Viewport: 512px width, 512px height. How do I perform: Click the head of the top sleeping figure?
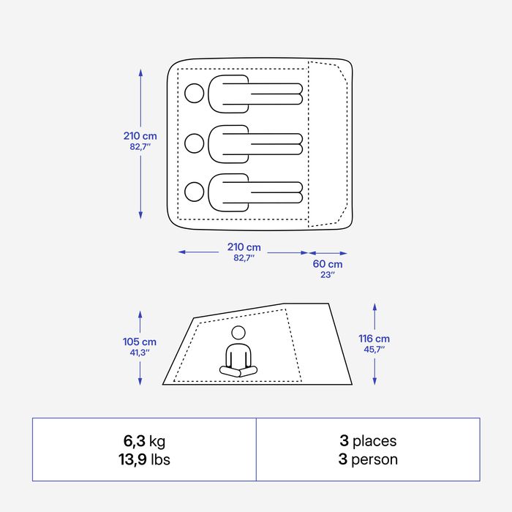(x=195, y=94)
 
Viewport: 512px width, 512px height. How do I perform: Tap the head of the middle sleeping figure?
(x=195, y=143)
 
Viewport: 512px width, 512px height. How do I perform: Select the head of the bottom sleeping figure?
(x=195, y=192)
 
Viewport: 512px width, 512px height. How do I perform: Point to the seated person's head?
(x=238, y=333)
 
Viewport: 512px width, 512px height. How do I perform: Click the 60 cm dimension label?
(x=328, y=264)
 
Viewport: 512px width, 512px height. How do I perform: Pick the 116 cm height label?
(x=374, y=339)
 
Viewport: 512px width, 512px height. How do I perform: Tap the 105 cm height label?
(x=140, y=342)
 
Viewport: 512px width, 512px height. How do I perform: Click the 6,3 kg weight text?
(x=144, y=441)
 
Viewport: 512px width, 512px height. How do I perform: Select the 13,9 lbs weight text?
(x=144, y=459)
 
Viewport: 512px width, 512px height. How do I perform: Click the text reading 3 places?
(x=368, y=441)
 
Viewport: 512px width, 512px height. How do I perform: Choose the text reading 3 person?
(x=368, y=459)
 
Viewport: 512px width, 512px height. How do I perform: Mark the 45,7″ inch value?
(x=374, y=350)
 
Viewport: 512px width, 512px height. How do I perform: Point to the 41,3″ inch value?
(x=140, y=353)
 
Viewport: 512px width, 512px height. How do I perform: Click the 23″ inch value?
(x=328, y=274)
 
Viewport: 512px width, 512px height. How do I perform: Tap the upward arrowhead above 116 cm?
(x=374, y=307)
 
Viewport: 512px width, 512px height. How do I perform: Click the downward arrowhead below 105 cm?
(x=140, y=381)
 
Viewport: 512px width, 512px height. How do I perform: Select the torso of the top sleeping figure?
(x=228, y=94)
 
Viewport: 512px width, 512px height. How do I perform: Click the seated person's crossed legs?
(x=238, y=372)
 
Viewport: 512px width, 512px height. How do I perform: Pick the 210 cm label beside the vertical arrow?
(x=140, y=136)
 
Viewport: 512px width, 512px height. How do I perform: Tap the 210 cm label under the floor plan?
(x=244, y=247)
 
